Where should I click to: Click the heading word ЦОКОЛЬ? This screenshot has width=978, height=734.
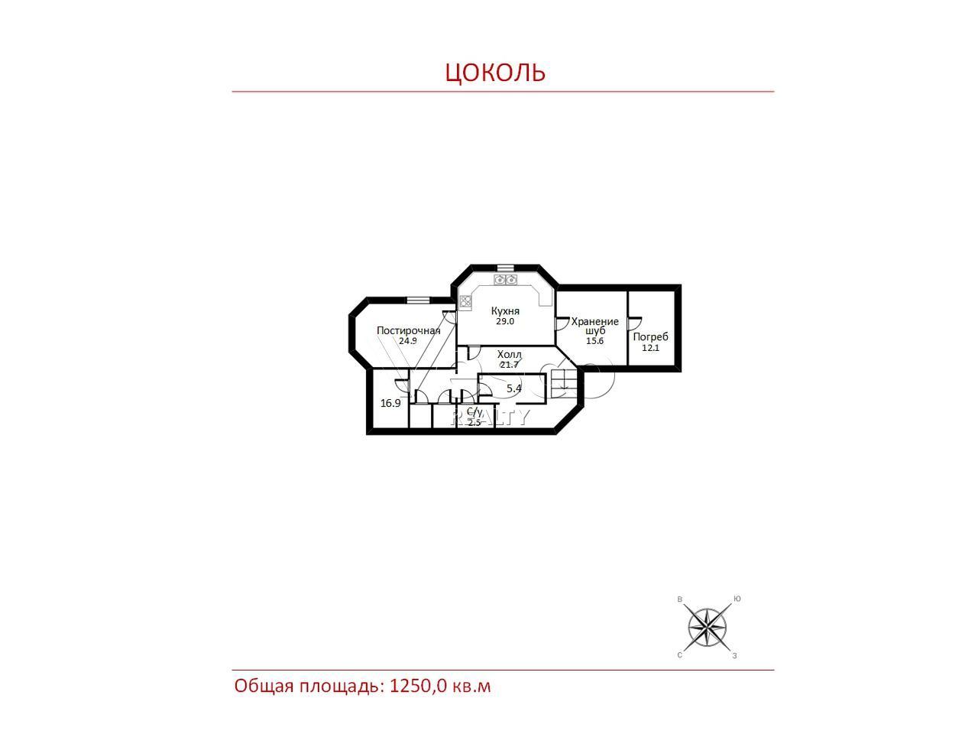[x=495, y=73]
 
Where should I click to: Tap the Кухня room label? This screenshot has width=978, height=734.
[x=505, y=310]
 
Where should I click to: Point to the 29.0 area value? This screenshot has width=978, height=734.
[x=505, y=321]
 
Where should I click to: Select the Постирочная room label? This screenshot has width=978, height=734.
[x=408, y=330]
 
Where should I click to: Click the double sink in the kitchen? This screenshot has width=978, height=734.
[x=505, y=279]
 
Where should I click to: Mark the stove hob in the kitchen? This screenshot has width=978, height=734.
[x=465, y=302]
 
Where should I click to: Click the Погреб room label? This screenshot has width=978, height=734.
[x=650, y=337]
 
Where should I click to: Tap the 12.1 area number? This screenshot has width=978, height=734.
[x=650, y=348]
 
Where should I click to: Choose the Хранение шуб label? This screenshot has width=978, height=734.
[x=595, y=326]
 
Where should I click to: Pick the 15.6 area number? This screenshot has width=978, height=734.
[x=594, y=341]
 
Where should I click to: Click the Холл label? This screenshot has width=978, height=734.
[x=510, y=355]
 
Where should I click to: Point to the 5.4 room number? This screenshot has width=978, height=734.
[x=513, y=388]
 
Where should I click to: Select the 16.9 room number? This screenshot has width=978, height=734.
[x=390, y=404]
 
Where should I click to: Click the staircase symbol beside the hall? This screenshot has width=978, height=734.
[x=565, y=383]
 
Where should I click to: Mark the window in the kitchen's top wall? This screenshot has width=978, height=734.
[x=505, y=268]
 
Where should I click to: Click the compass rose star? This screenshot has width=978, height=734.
[x=708, y=628]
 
